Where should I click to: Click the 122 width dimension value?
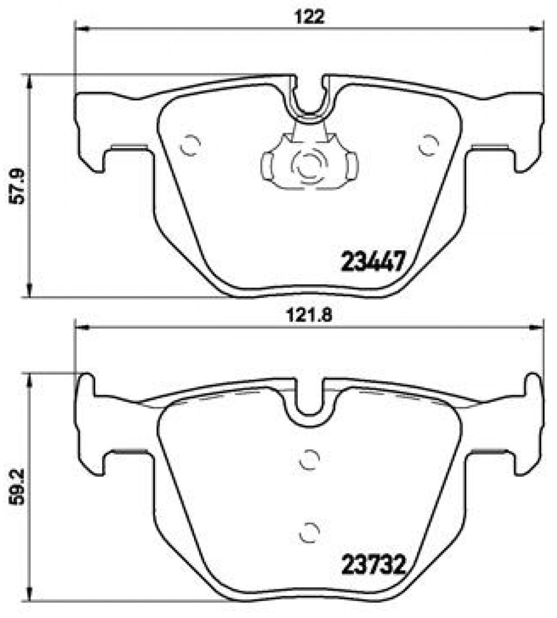309,18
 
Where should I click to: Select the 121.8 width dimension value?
309,316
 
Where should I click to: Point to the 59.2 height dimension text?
16,485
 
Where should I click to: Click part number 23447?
373,261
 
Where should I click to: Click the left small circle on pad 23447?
190,145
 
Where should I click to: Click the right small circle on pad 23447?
428,145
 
